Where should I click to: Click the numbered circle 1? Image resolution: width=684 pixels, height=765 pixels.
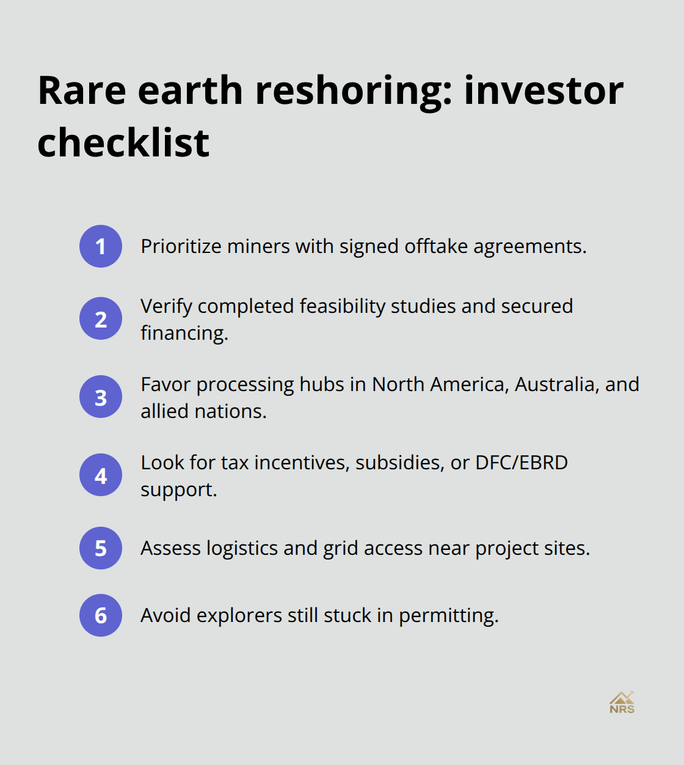tap(101, 246)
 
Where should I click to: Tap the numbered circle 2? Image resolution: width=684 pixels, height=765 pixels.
tap(101, 318)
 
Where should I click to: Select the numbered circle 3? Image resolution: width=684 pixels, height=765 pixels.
tap(101, 397)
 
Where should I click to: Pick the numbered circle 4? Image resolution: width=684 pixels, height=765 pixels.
tap(101, 475)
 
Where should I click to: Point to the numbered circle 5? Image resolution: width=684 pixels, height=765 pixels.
tap(101, 548)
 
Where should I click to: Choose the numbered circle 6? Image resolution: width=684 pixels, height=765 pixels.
tap(101, 615)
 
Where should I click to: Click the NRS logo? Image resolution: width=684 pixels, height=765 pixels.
tap(622, 703)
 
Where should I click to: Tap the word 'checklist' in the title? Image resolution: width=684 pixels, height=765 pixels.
tap(123, 143)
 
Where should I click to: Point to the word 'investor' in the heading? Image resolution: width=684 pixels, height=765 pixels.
tap(544, 91)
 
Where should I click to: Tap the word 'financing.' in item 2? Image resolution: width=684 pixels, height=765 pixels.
tap(184, 333)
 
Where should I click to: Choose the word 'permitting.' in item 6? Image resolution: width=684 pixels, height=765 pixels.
tap(449, 616)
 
